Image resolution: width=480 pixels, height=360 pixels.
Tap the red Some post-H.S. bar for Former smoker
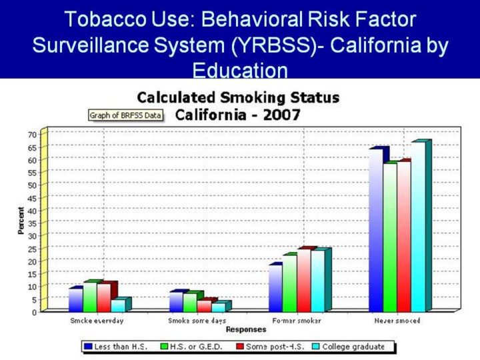tap(303, 281)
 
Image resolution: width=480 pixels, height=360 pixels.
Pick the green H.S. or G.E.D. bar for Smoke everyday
tap(89, 297)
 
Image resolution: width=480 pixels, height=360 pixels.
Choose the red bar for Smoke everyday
tap(103, 298)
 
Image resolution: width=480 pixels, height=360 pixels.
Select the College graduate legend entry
tap(352, 347)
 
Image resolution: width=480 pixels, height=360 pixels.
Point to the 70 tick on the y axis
tap(31, 134)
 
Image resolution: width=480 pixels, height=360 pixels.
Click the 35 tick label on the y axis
tap(31, 223)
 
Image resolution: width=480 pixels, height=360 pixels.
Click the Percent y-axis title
tap(21, 220)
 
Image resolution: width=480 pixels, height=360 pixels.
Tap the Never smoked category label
tap(397, 321)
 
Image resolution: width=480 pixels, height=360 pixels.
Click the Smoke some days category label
tap(197, 321)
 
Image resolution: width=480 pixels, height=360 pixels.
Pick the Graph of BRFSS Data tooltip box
tap(125, 115)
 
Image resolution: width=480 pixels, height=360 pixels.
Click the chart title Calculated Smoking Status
tap(238, 98)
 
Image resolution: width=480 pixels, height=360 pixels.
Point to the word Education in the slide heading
tap(240, 69)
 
